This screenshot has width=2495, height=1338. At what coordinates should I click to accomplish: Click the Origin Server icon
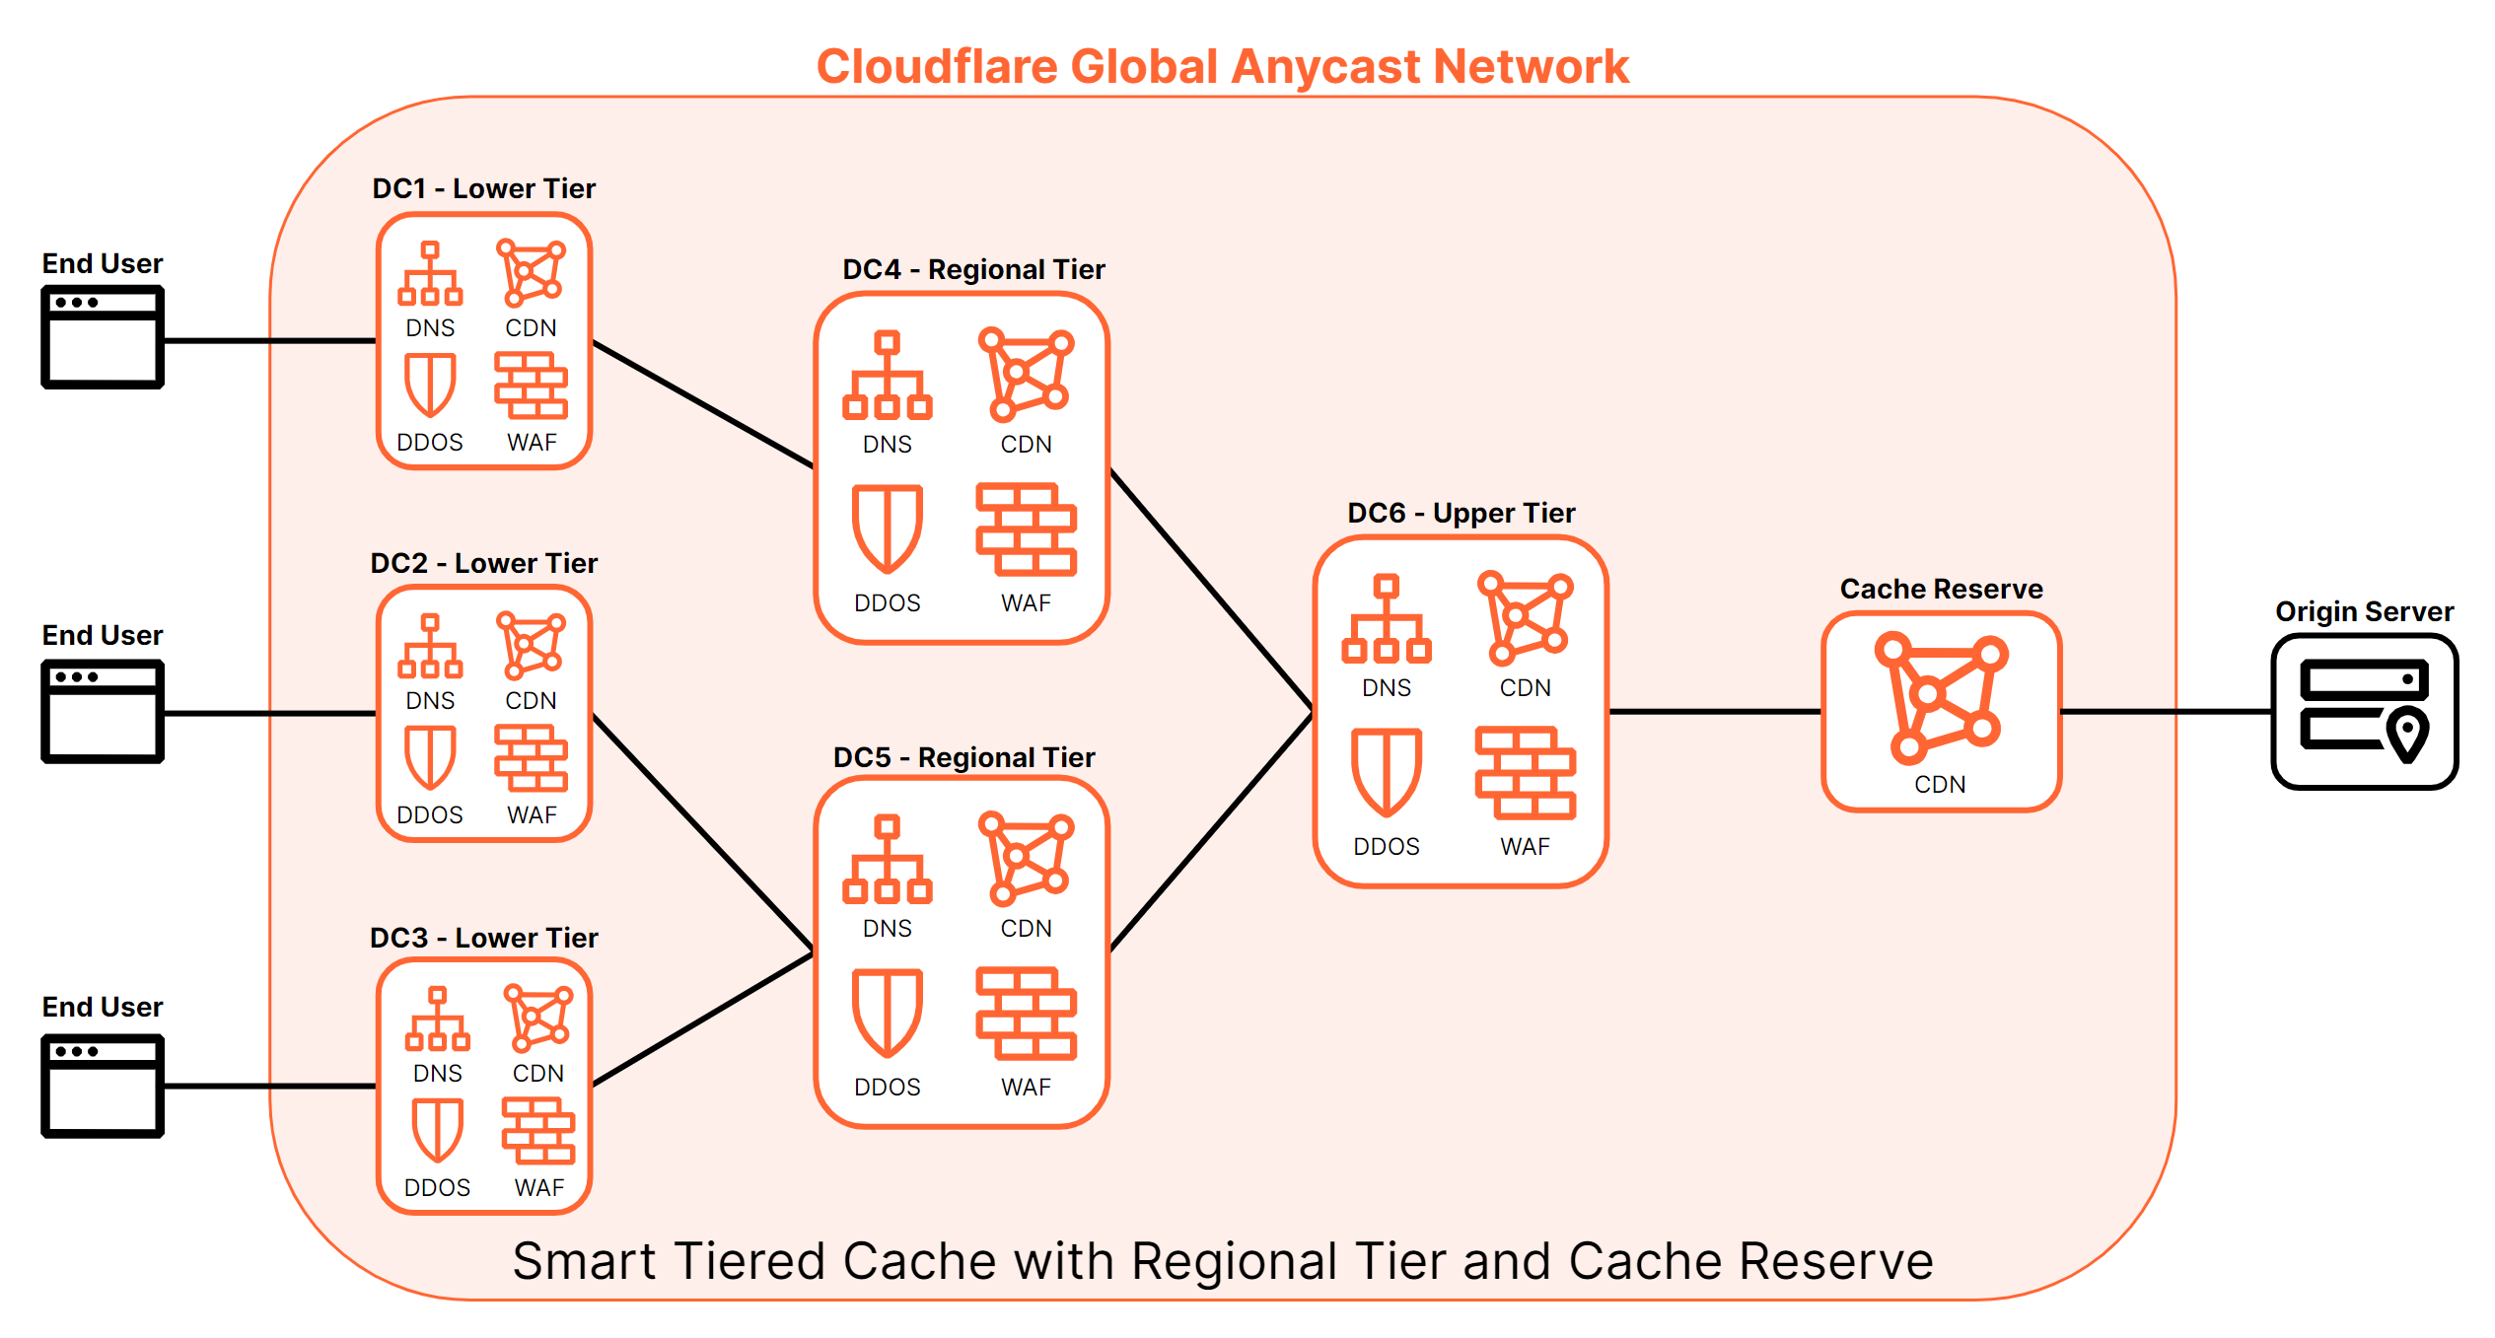click(x=2363, y=711)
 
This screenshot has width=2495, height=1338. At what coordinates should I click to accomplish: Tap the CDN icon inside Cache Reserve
click(x=1940, y=699)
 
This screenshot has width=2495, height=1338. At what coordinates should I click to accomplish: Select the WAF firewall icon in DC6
click(x=1525, y=773)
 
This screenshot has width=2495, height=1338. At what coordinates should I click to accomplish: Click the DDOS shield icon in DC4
click(x=887, y=528)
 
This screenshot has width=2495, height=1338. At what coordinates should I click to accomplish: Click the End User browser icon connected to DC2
click(x=103, y=711)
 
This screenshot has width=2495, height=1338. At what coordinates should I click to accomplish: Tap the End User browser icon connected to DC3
click(x=103, y=1085)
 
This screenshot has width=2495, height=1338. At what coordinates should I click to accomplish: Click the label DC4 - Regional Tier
click(x=973, y=269)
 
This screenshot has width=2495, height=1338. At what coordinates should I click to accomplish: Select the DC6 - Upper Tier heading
click(x=1461, y=513)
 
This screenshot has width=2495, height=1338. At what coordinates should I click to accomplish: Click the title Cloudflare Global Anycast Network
click(x=1222, y=67)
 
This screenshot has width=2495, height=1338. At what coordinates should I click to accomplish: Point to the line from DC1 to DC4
click(x=702, y=404)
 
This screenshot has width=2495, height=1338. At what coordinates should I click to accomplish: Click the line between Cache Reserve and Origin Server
click(x=2166, y=711)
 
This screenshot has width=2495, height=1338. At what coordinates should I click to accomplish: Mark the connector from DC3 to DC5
click(x=702, y=1020)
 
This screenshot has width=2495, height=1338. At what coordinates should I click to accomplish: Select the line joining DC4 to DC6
click(x=1211, y=589)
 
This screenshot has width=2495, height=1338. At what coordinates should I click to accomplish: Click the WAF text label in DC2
click(x=532, y=815)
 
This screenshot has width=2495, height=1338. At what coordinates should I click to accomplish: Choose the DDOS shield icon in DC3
click(x=437, y=1130)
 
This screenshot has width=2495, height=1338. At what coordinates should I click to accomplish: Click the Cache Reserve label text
click(x=1941, y=589)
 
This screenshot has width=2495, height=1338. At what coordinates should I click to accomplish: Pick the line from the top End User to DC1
click(x=268, y=341)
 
